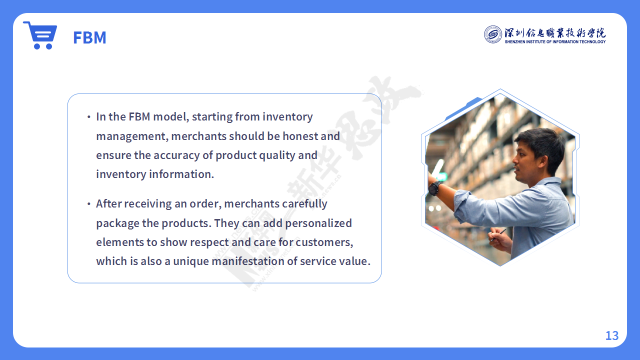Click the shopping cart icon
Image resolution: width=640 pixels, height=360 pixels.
(40, 35)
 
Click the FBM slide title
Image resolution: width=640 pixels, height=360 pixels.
(89, 37)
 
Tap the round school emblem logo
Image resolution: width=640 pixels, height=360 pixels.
(493, 34)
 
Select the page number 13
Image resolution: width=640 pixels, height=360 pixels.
(612, 335)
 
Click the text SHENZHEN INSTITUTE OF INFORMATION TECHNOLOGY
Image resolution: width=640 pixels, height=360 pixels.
(555, 41)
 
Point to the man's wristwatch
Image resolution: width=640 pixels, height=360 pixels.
(434, 188)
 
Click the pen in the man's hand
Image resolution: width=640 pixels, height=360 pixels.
(498, 235)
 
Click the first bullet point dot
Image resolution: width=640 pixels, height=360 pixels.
(89, 117)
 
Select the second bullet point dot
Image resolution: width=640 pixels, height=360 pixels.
(89, 204)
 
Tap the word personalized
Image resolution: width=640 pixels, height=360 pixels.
(318, 223)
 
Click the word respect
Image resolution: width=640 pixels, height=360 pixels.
(209, 242)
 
